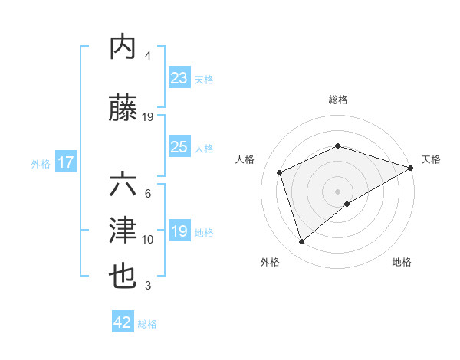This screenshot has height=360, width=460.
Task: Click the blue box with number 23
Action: click(x=179, y=77)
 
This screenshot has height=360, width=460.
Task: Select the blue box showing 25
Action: click(x=179, y=147)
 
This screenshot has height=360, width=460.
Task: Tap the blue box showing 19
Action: click(x=179, y=232)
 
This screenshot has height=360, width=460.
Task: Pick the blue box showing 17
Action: click(x=65, y=162)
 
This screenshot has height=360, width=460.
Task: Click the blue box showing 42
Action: click(x=122, y=322)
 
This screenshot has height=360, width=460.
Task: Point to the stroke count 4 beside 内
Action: click(x=148, y=56)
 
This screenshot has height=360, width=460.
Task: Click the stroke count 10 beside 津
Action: click(x=148, y=240)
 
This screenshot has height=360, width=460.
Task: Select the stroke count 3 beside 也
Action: click(x=148, y=286)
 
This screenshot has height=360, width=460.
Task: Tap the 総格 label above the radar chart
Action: click(x=338, y=100)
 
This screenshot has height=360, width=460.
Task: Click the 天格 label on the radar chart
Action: click(x=431, y=159)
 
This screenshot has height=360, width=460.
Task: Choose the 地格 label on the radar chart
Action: click(x=402, y=262)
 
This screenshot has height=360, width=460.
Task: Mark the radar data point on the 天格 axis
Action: click(x=411, y=168)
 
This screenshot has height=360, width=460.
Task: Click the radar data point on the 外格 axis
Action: click(x=301, y=242)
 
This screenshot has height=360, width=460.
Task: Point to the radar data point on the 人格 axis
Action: click(x=280, y=172)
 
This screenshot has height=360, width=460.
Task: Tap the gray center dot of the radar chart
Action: click(x=338, y=191)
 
